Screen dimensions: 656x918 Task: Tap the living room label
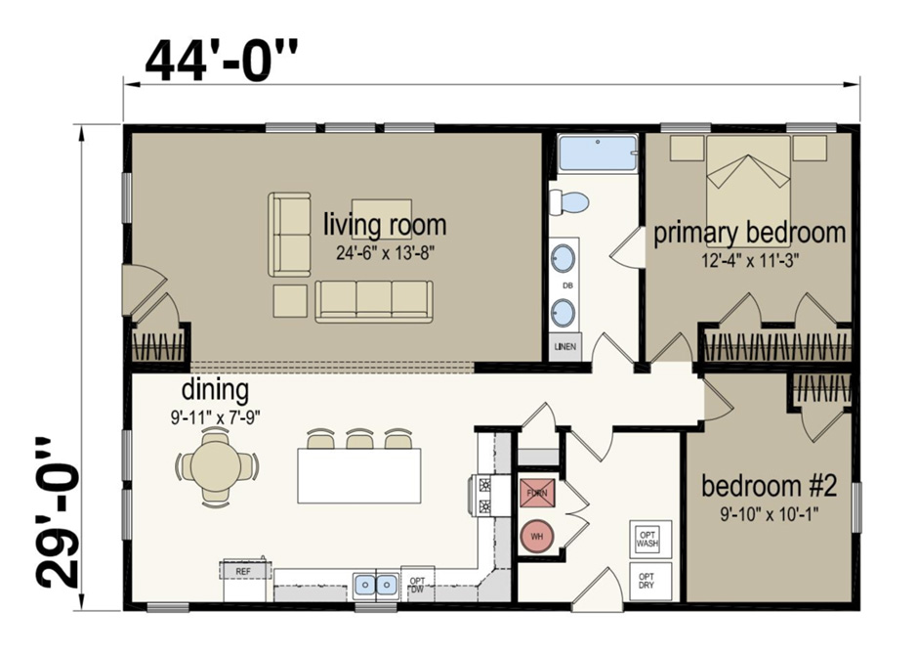(385, 225)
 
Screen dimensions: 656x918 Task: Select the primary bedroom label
(749, 233)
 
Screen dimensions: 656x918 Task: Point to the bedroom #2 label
(769, 486)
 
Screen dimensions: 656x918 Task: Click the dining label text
(214, 391)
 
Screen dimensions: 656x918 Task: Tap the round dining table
(217, 466)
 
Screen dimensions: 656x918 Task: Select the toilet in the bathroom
(569, 202)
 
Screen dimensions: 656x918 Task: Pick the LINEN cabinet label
(565, 346)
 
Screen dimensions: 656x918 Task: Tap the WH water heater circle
(536, 536)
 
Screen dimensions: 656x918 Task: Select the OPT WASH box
(647, 537)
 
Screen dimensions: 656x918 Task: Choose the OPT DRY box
(647, 582)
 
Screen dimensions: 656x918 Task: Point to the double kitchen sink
(374, 585)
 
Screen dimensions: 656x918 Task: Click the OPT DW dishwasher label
(418, 584)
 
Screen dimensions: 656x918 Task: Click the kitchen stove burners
(484, 495)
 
